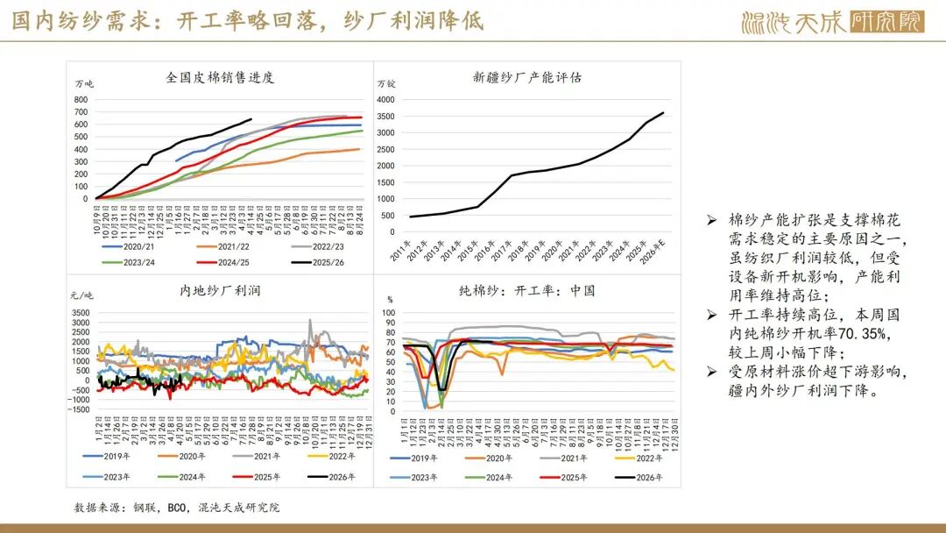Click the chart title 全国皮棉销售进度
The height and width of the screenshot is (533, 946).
[x=220, y=77]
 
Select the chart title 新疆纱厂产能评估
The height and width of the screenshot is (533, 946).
[x=527, y=77]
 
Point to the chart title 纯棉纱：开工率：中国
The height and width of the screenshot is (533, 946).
[x=527, y=289]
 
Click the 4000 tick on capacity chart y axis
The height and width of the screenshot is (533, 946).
[x=388, y=99]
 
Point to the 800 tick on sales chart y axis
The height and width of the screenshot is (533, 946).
[x=81, y=99]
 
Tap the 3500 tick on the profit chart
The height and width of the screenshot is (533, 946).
[x=79, y=312]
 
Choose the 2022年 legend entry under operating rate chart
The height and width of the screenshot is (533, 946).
[x=648, y=458]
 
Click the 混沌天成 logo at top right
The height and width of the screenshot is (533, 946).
[x=832, y=22]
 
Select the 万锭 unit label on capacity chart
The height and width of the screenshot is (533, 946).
[x=387, y=84]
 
